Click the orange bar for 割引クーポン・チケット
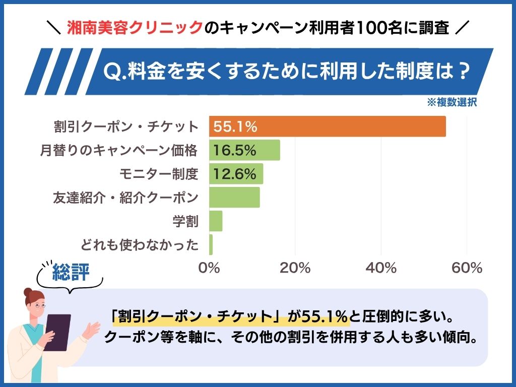tap(328, 126)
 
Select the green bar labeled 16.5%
tap(244, 150)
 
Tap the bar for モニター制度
tap(236, 174)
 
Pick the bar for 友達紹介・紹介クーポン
tap(234, 198)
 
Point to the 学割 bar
tap(216, 221)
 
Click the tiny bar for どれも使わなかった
tap(211, 245)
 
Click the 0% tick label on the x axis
tap(209, 268)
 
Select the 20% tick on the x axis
tap(295, 268)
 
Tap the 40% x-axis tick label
tap(381, 268)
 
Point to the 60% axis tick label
tap(467, 268)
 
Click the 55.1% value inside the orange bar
tap(235, 126)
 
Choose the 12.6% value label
tap(235, 174)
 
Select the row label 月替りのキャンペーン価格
tap(119, 150)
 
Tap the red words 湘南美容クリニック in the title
tap(135, 28)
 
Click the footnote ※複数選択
tap(452, 102)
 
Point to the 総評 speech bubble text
tap(71, 272)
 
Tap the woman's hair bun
tap(28, 292)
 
